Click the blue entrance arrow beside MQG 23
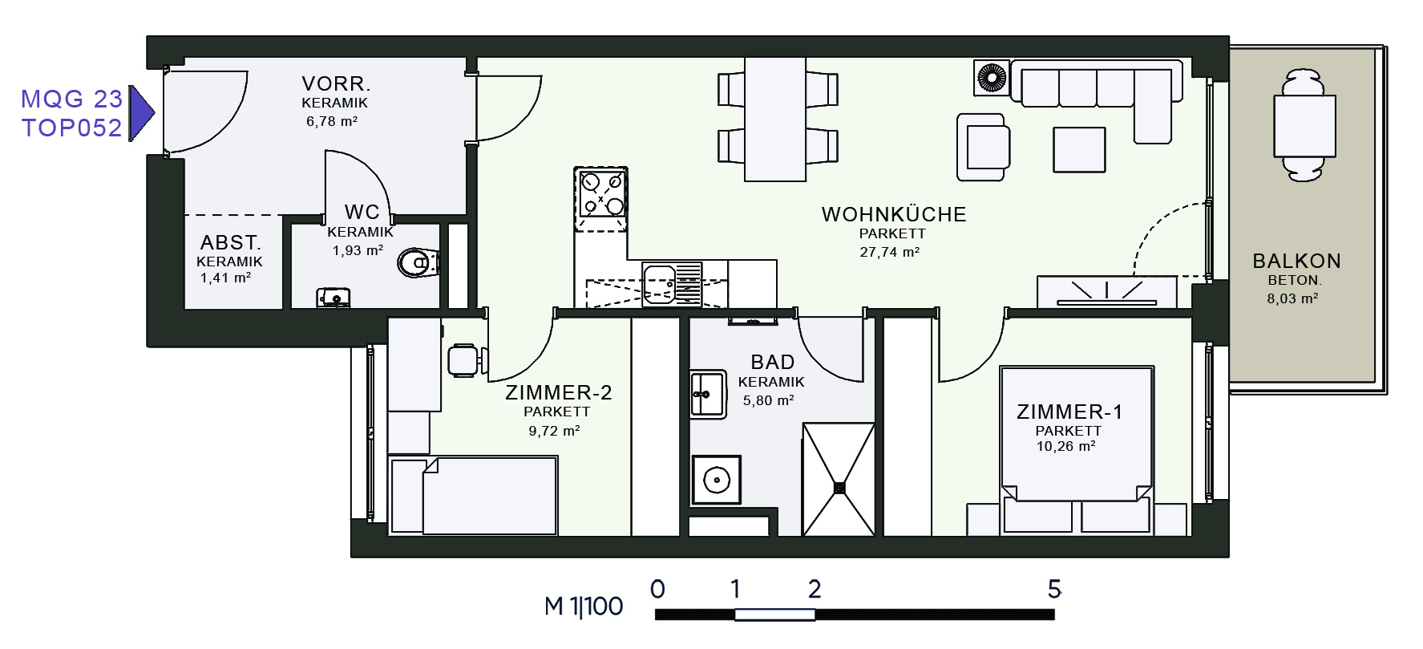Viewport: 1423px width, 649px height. tap(141, 113)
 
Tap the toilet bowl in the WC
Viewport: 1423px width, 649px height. tap(419, 262)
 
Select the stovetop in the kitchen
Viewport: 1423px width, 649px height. tap(601, 193)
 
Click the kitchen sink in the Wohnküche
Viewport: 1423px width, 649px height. tap(672, 285)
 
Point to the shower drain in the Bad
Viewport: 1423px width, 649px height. tap(839, 487)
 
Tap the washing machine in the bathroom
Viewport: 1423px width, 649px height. tap(716, 480)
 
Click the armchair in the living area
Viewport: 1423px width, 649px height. tap(983, 147)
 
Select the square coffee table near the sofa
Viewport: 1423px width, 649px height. tap(1079, 149)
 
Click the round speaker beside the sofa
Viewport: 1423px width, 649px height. tap(991, 78)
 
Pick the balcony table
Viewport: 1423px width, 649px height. tap(1304, 126)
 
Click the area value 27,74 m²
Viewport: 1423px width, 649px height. tap(889, 252)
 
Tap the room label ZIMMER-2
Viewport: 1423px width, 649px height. tap(558, 392)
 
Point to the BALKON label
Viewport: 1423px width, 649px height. tap(1296, 261)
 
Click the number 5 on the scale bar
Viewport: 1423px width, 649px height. tap(1054, 589)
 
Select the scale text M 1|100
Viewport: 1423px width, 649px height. tap(584, 606)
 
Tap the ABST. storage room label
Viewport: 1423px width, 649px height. tap(231, 242)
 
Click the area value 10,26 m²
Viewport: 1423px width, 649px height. tap(1065, 446)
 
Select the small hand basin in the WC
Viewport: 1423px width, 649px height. tap(334, 298)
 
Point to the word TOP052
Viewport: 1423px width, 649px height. tap(71, 128)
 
